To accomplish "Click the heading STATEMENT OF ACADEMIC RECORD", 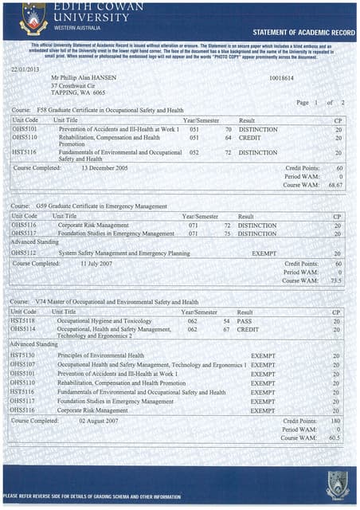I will click(303, 33).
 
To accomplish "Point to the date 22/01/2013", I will click(24, 70).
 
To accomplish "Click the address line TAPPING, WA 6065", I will click(78, 93).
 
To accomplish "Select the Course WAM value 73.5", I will click(335, 280).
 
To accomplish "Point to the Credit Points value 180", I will click(336, 420).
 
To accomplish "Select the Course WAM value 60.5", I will click(335, 437).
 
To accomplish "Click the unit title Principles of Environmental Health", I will click(100, 355).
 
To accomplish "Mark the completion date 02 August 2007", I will click(104, 420).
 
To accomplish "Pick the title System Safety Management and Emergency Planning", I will click(124, 253).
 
